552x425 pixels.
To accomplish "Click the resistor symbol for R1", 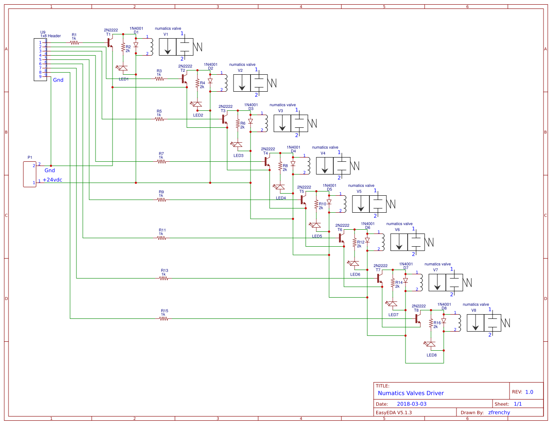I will pyautogui.click(x=74, y=42).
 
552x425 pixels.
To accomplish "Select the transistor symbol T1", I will pyautogui.click(x=110, y=42).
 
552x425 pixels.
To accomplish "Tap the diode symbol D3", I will pyautogui.click(x=251, y=121).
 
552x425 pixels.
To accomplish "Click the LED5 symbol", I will pyautogui.click(x=316, y=225).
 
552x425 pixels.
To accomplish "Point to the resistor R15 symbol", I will pyautogui.click(x=163, y=318).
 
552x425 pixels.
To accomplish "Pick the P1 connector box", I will pyautogui.click(x=30, y=174).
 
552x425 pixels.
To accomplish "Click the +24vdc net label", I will pyautogui.click(x=52, y=180).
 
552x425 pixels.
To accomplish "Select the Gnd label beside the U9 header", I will pyautogui.click(x=58, y=80).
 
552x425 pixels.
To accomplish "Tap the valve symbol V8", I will pyautogui.click(x=484, y=323).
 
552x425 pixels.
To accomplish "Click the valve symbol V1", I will pyautogui.click(x=176, y=47).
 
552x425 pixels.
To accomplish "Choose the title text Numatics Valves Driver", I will pyautogui.click(x=411, y=393).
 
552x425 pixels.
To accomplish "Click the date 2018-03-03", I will pyautogui.click(x=411, y=404).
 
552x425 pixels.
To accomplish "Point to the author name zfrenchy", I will pyautogui.click(x=499, y=412).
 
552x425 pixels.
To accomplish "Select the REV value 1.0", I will pyautogui.click(x=529, y=392).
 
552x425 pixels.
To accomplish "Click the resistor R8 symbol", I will pyautogui.click(x=280, y=166).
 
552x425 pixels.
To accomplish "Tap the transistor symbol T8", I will pyautogui.click(x=417, y=318).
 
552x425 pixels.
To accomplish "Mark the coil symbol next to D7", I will pyautogui.click(x=420, y=282).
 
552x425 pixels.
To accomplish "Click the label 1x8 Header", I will pyautogui.click(x=51, y=36).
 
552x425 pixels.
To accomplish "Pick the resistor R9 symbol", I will pyautogui.click(x=161, y=200).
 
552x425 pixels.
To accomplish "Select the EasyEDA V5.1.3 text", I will pyautogui.click(x=394, y=412).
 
